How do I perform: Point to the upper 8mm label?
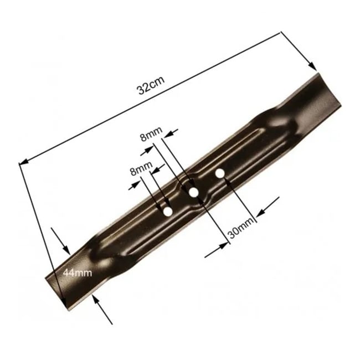[151, 133]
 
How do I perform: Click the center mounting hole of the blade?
[193, 192]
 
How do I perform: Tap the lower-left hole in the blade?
[167, 211]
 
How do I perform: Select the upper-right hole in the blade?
[219, 174]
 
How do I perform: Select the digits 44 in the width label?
[70, 272]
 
